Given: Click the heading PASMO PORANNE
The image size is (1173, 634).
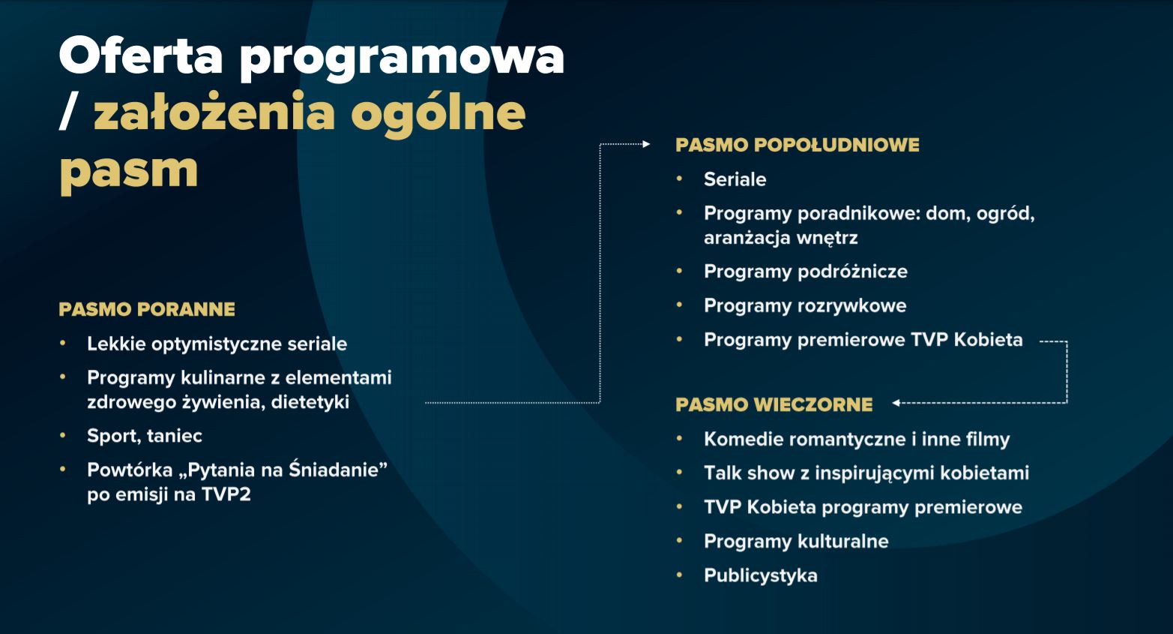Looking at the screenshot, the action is click(x=147, y=309).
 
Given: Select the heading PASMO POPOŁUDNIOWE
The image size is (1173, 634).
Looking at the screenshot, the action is click(x=797, y=146).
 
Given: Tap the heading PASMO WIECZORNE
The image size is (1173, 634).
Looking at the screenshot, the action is click(x=774, y=405).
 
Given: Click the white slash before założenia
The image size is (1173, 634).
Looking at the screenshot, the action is click(x=69, y=112).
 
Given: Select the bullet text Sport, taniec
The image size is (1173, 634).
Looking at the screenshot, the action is click(x=145, y=436).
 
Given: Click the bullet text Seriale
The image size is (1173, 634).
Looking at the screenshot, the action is click(x=735, y=179).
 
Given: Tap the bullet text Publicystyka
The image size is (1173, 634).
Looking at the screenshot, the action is click(x=760, y=575).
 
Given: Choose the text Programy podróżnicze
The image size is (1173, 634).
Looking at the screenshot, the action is click(x=806, y=272).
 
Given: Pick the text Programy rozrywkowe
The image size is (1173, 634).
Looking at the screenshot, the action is click(x=805, y=305).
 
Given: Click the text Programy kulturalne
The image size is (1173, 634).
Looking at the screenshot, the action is click(x=796, y=541).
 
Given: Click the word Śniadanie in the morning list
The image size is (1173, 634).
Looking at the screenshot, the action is click(x=338, y=470).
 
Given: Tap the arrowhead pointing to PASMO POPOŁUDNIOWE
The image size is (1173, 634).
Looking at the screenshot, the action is click(x=646, y=144).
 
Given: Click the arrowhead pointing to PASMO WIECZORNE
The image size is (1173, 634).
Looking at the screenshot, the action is click(x=896, y=403).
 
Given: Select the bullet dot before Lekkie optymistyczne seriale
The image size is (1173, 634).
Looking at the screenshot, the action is click(x=63, y=344).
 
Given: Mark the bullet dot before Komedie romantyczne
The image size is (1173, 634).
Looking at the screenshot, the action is click(x=679, y=438).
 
